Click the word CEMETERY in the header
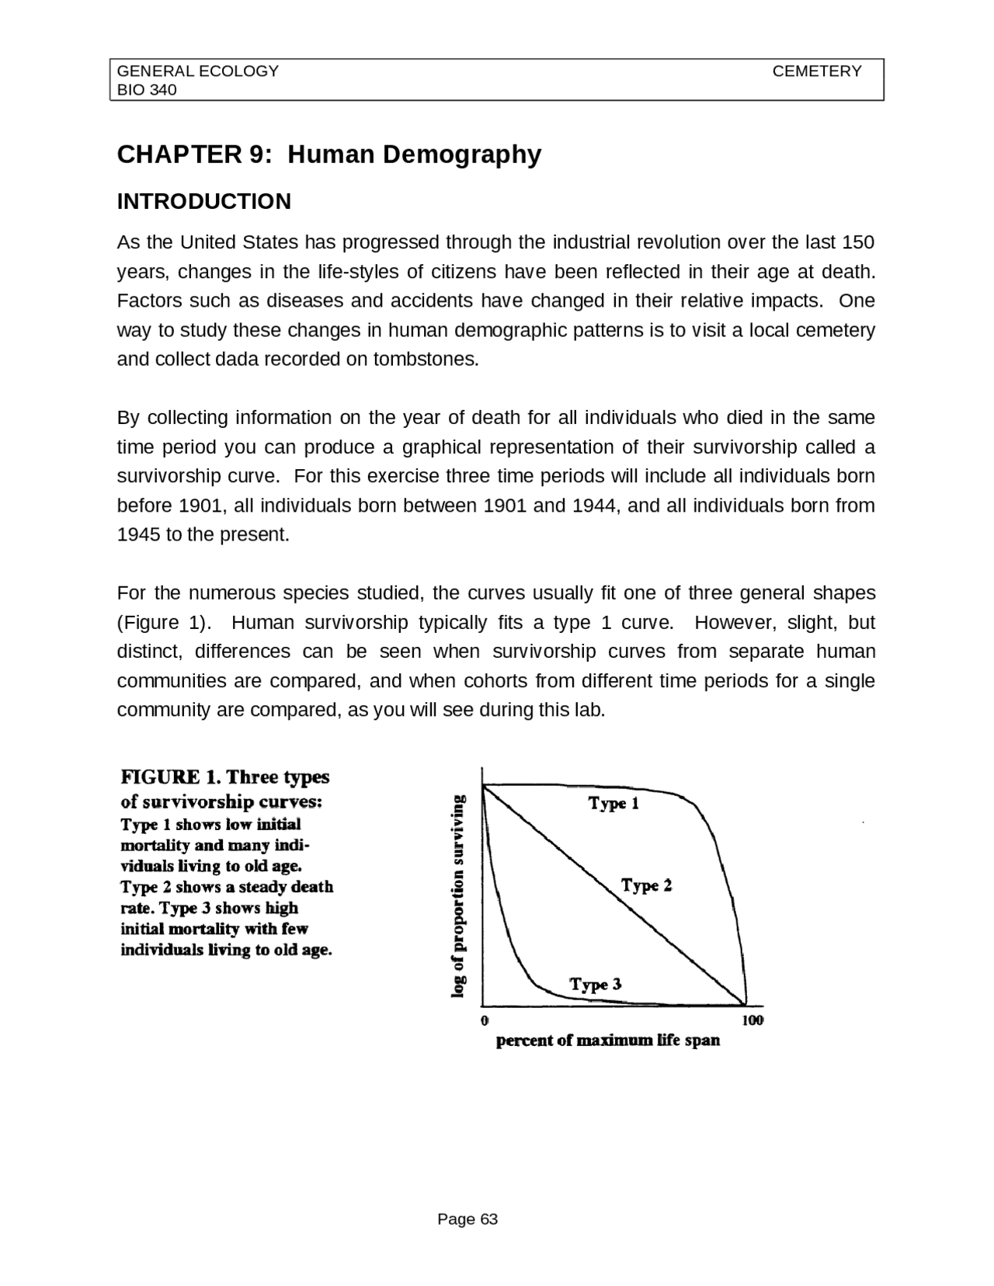816,71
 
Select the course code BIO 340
147,90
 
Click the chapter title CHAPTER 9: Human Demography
328,155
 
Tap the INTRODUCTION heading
203,202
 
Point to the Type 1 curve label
613,803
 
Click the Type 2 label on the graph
646,885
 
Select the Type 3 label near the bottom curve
595,985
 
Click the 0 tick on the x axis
485,1020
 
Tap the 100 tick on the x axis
752,1020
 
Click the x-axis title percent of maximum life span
608,1041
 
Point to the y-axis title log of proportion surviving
459,896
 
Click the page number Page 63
467,1219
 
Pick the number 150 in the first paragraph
857,242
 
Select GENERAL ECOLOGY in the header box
197,71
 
